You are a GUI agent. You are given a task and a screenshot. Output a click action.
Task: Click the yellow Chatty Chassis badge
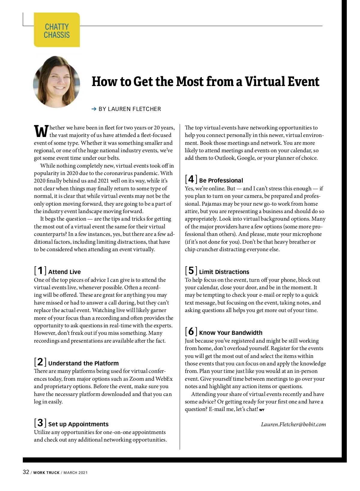(x=57, y=30)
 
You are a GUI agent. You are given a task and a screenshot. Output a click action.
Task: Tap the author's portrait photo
(x=57, y=82)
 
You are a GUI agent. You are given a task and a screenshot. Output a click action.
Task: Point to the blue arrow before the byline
(x=94, y=109)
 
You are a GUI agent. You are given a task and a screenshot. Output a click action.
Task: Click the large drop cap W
(x=41, y=131)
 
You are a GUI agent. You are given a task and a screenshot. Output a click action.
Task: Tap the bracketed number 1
(x=40, y=271)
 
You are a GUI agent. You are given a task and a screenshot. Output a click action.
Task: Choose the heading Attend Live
(x=64, y=272)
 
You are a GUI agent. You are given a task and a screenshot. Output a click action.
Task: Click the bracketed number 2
(x=40, y=362)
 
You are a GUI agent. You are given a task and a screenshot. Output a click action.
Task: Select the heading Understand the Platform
(x=83, y=363)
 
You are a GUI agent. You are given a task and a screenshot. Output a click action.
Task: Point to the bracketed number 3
(x=40, y=423)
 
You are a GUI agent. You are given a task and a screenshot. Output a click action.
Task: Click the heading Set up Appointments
(x=78, y=424)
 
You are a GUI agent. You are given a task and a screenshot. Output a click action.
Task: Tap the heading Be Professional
(x=221, y=180)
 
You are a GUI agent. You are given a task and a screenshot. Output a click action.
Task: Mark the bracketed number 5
(x=191, y=271)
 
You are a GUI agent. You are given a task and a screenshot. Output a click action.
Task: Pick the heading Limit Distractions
(x=224, y=272)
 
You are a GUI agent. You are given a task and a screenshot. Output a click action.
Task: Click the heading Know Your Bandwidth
(x=231, y=333)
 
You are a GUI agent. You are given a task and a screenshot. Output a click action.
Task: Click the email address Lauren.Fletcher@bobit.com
(x=293, y=424)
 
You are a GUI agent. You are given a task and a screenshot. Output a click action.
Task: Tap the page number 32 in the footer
(x=26, y=472)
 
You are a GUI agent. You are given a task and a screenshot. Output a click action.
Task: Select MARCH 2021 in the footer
(x=76, y=473)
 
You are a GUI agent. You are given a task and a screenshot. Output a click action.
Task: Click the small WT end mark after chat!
(x=262, y=410)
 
